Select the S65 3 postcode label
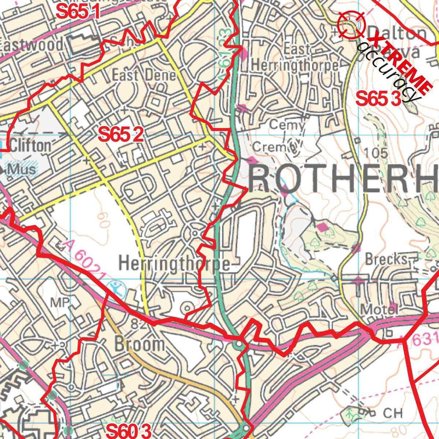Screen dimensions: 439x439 pos(379,99)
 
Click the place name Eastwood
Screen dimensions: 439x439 pos(32,44)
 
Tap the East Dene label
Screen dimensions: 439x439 pos(144,75)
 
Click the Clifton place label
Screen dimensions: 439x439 pos(30,145)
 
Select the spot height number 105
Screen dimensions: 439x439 pos(378,153)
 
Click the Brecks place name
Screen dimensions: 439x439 pos(386,259)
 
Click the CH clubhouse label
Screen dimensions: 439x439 pos(393,413)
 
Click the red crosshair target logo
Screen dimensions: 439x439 pos(351,25)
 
